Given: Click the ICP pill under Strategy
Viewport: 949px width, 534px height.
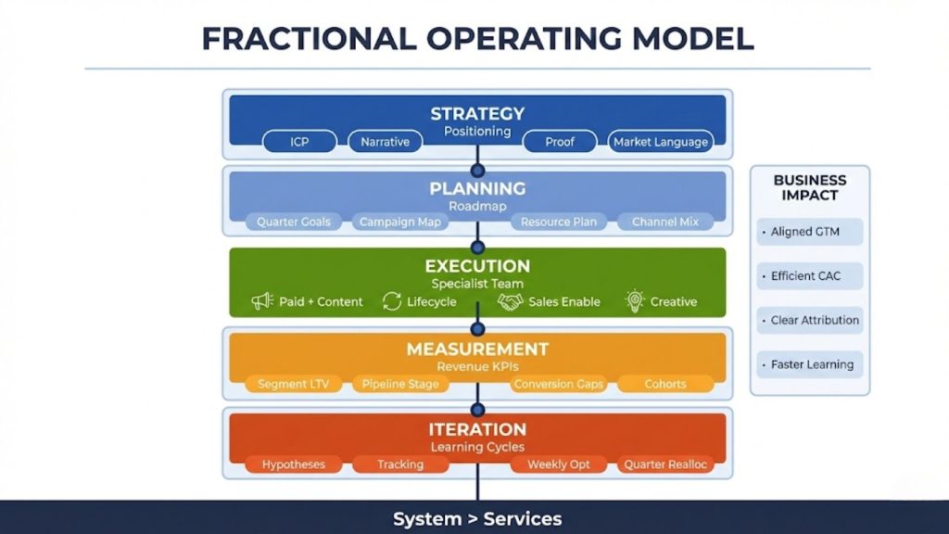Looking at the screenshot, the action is (x=299, y=142).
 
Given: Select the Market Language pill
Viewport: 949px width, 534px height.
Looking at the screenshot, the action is (x=660, y=142).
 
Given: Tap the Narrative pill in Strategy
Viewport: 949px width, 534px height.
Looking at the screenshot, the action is (x=385, y=142).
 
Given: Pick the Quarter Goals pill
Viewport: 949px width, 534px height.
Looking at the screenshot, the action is (x=294, y=222).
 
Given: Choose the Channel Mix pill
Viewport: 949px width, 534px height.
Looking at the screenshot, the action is (x=665, y=222).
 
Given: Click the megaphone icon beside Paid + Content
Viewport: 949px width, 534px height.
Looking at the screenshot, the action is (x=262, y=301).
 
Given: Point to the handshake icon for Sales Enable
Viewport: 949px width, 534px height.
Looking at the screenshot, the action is (x=511, y=301).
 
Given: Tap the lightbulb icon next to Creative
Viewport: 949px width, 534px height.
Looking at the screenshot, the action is (x=634, y=301).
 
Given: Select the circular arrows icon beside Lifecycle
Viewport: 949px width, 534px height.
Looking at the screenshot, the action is (x=392, y=301).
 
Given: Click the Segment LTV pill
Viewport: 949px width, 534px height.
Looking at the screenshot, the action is (x=294, y=384).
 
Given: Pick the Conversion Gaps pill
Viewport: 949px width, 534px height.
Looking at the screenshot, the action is (x=558, y=384).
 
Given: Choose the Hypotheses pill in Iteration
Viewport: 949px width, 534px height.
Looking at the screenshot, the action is (x=294, y=464).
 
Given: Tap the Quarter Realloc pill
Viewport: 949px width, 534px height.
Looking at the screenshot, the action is (x=665, y=464).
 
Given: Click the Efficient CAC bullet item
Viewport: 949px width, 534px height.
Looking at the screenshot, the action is (x=810, y=276).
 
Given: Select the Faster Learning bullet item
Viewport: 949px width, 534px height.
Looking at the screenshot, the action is (x=810, y=364).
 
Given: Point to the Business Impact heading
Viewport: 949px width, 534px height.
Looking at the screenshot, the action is (x=810, y=187).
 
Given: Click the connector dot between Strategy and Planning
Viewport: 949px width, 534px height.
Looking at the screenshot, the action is (x=477, y=171).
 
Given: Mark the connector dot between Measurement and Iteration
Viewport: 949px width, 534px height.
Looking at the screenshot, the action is (x=477, y=410).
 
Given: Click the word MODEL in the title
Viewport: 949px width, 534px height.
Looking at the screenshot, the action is (x=692, y=39).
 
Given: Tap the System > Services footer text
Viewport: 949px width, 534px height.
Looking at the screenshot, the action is (x=477, y=519).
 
